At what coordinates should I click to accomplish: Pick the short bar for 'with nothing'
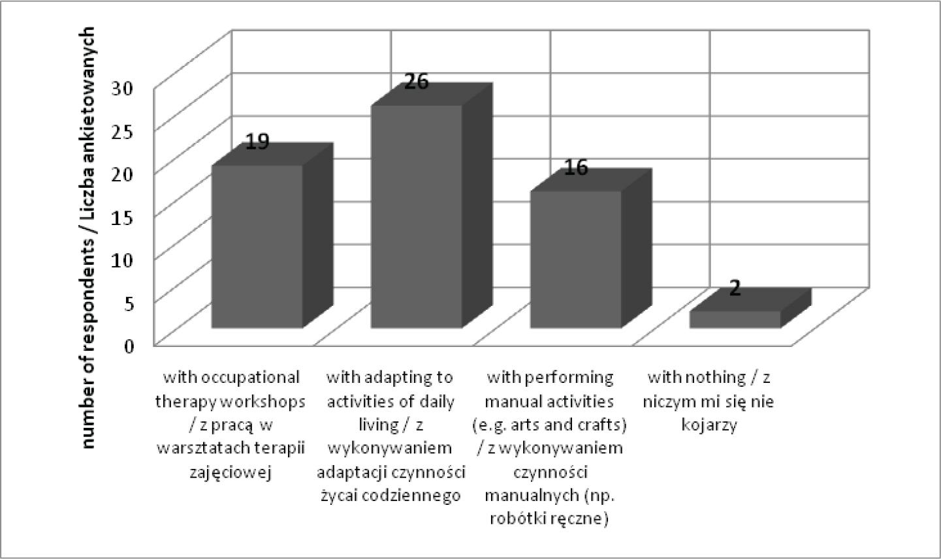(x=735, y=319)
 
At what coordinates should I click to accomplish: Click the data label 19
(x=257, y=142)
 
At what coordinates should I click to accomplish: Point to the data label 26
(x=416, y=82)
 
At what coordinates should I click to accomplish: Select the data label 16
(x=576, y=168)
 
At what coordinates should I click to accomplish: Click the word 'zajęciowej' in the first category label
(x=231, y=473)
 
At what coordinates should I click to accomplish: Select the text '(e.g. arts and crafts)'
(x=549, y=425)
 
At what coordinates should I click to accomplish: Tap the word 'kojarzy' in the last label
(x=709, y=425)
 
